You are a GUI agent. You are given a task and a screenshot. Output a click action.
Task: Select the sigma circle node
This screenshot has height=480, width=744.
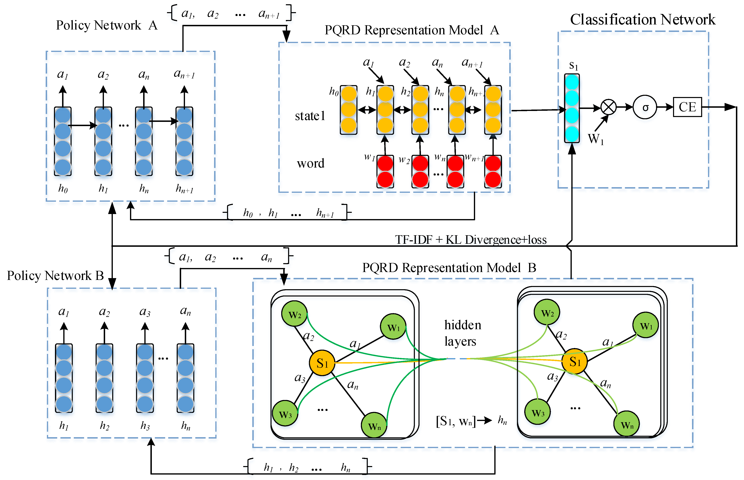tap(645, 107)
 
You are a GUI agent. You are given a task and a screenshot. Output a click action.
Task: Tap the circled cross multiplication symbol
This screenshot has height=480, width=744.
tap(608, 107)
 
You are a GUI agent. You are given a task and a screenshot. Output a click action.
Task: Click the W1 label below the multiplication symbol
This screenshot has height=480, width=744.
tap(596, 139)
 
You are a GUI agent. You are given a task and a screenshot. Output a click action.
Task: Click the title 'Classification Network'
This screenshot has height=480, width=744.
tap(642, 19)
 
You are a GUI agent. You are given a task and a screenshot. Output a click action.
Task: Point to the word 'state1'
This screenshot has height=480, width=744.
tap(310, 116)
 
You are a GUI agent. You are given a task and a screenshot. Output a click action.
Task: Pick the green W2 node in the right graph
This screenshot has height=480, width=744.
tap(547, 312)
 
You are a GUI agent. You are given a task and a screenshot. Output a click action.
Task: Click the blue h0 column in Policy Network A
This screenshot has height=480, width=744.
tap(63, 141)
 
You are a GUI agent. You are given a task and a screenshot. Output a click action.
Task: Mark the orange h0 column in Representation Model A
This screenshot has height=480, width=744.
tap(348, 110)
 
